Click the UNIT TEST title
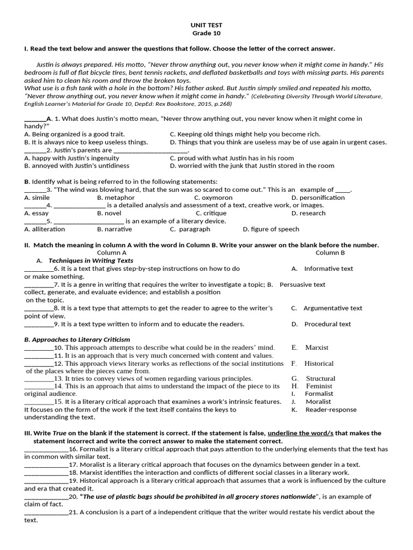[x=206, y=25]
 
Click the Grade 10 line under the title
[x=206, y=33]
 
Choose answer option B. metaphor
[x=116, y=198]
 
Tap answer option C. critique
[x=211, y=213]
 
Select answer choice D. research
[x=308, y=213]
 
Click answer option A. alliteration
[x=45, y=229]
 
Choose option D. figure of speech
[x=271, y=229]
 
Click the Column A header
[x=112, y=252]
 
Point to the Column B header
[x=330, y=252]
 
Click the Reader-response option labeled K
[x=324, y=410]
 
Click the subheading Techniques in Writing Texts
[x=98, y=260]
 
